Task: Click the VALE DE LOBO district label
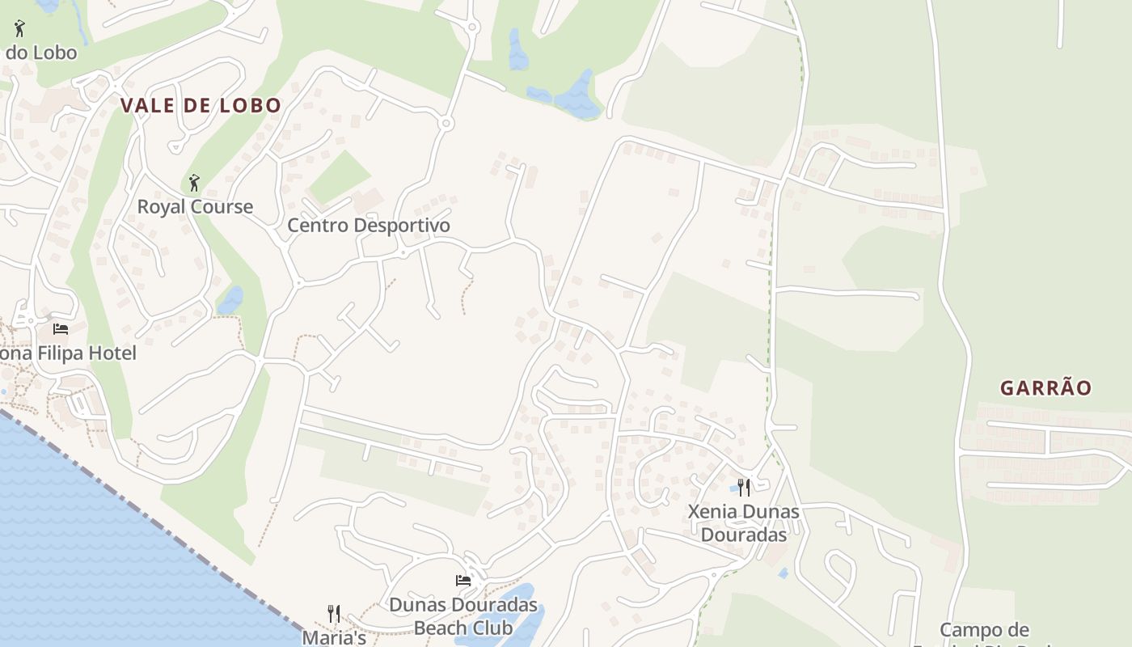pyautogui.click(x=201, y=105)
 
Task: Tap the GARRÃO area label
pyautogui.click(x=1045, y=388)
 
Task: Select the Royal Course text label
pyautogui.click(x=195, y=206)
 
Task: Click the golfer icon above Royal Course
pyautogui.click(x=193, y=182)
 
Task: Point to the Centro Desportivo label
pyautogui.click(x=369, y=225)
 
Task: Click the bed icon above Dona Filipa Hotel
pyautogui.click(x=61, y=328)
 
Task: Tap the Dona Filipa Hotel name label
pyautogui.click(x=68, y=353)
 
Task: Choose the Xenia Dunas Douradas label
pyautogui.click(x=744, y=522)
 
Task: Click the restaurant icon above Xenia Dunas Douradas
pyautogui.click(x=744, y=487)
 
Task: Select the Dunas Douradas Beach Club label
pyautogui.click(x=463, y=615)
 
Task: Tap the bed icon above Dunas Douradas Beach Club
pyautogui.click(x=463, y=580)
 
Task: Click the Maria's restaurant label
pyautogui.click(x=335, y=637)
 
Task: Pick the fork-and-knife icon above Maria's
pyautogui.click(x=333, y=613)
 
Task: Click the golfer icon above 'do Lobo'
pyautogui.click(x=20, y=28)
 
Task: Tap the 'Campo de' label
pyautogui.click(x=984, y=630)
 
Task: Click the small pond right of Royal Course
pyautogui.click(x=230, y=300)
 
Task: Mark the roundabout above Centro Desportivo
pyautogui.click(x=446, y=124)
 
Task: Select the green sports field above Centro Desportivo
pyautogui.click(x=339, y=177)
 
